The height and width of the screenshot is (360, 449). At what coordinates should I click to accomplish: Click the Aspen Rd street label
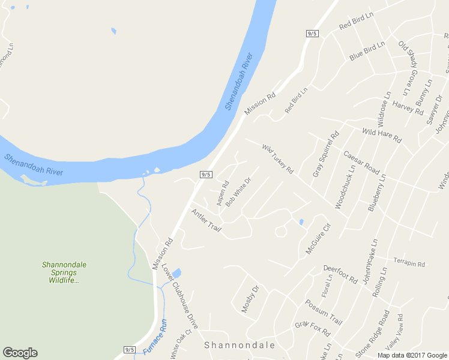[x=223, y=191]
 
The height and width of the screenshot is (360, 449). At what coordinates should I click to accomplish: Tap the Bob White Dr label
[x=238, y=191]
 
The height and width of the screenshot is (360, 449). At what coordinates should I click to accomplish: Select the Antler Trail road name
[x=206, y=220]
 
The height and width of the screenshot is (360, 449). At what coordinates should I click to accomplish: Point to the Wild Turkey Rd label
[x=277, y=158]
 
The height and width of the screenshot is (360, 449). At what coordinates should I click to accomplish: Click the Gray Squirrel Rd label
[x=326, y=154]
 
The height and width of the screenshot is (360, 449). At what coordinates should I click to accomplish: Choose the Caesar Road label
[x=362, y=162]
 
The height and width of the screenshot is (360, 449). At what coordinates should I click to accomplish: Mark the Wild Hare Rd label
[x=382, y=134]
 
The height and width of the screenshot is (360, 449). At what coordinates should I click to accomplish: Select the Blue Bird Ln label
[x=367, y=52]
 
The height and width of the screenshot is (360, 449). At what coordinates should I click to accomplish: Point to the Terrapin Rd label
[x=409, y=263]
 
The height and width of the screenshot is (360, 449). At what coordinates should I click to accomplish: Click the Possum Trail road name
[x=324, y=312]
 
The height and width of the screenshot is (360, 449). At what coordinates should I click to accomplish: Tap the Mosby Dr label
[x=249, y=299]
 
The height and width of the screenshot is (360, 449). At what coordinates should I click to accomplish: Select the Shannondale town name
[x=240, y=346]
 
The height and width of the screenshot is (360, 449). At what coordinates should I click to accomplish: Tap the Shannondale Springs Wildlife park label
[x=64, y=272]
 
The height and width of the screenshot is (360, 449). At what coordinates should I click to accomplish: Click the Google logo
[x=20, y=353]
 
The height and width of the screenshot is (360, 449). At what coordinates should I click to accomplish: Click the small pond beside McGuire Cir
[x=301, y=223]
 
